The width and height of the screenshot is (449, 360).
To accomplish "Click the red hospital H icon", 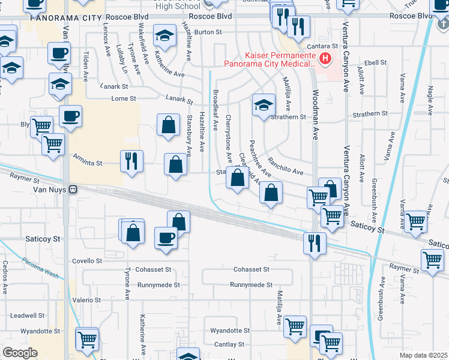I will pyautogui.click(x=325, y=58).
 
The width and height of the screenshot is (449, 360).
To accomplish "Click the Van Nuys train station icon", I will pyautogui.click(x=73, y=189).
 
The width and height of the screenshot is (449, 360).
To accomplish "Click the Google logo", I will pyautogui.click(x=20, y=352).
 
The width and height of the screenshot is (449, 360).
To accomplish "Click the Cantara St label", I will pyautogui.click(x=325, y=46).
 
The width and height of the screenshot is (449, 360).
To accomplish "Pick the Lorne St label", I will pyautogui.click(x=124, y=98).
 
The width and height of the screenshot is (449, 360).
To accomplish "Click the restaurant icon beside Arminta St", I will pyautogui.click(x=131, y=161).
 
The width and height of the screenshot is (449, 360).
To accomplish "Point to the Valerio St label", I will pyautogui.click(x=87, y=299).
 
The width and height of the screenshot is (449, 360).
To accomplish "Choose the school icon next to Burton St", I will pyautogui.click(x=164, y=36).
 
